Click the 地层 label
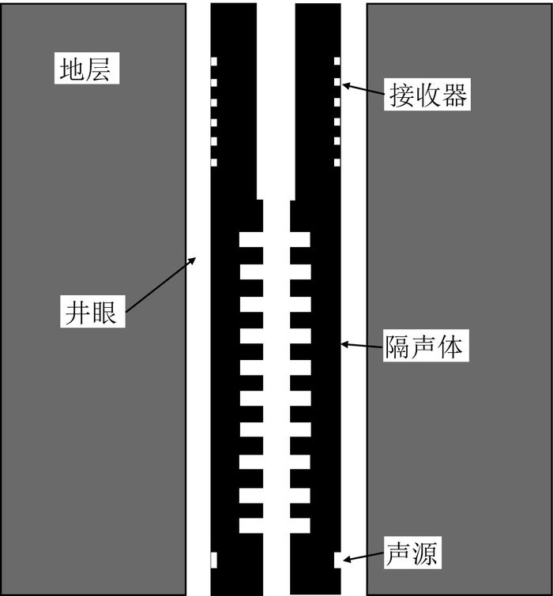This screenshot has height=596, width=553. pyautogui.click(x=88, y=69)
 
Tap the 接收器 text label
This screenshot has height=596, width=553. pyautogui.click(x=427, y=96)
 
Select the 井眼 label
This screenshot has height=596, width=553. pyautogui.click(x=90, y=313)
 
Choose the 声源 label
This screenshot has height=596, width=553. pyautogui.click(x=412, y=553)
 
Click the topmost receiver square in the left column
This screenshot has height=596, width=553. pyautogui.click(x=213, y=61)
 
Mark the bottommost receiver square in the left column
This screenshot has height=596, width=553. pyautogui.click(x=213, y=162)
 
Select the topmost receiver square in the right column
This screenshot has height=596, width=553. pyautogui.click(x=337, y=61)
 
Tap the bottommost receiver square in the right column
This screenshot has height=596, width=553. pyautogui.click(x=337, y=162)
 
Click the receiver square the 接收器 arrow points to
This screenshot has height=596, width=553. pyautogui.click(x=337, y=81)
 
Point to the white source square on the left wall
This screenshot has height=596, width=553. pyautogui.click(x=213, y=559)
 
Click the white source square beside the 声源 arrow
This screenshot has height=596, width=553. pyautogui.click(x=337, y=559)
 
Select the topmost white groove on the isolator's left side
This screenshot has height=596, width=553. pyautogui.click(x=250, y=239)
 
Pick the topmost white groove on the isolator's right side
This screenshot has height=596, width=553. pyautogui.click(x=300, y=239)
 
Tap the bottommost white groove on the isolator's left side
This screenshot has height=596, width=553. pyautogui.click(x=250, y=525)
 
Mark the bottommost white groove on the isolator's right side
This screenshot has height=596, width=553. pyautogui.click(x=300, y=525)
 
